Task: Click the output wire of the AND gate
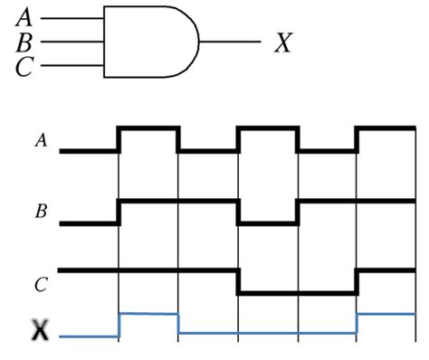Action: point(231,42)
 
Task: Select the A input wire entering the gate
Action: point(73,17)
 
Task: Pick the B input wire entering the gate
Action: point(73,41)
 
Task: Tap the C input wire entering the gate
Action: point(73,64)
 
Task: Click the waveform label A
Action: point(40,140)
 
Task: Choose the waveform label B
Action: point(40,213)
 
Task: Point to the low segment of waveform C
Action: point(297,292)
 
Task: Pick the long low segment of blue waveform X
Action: point(268,334)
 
